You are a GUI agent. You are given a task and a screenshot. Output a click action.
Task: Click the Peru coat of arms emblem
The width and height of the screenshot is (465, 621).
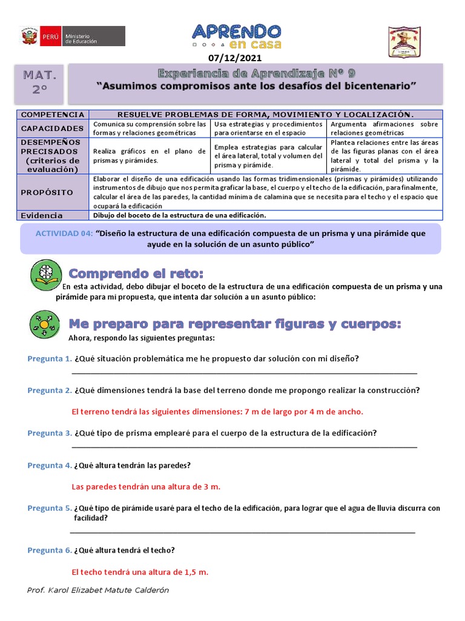pyautogui.click(x=29, y=36)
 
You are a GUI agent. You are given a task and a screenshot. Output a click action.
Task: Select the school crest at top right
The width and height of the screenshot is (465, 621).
pyautogui.click(x=409, y=43)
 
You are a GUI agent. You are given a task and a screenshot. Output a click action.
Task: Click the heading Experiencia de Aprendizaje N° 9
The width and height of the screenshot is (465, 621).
pyautogui.click(x=257, y=73)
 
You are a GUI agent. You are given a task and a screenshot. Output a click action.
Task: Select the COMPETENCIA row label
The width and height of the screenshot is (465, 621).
pyautogui.click(x=53, y=115)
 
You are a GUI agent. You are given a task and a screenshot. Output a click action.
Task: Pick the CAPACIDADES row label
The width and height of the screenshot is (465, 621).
pyautogui.click(x=53, y=129)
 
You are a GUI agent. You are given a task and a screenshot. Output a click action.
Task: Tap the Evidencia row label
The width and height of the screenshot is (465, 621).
pyautogui.click(x=42, y=215)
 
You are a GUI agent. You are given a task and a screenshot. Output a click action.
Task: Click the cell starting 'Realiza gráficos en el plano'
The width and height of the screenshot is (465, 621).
pyautogui.click(x=150, y=156)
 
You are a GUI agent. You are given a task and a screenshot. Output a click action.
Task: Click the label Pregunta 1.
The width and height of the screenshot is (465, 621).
pyautogui.click(x=50, y=358)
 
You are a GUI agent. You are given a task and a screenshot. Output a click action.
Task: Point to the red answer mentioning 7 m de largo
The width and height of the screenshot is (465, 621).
pyautogui.click(x=217, y=412)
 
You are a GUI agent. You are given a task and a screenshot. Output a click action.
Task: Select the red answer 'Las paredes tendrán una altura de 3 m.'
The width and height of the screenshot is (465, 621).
pyautogui.click(x=146, y=487)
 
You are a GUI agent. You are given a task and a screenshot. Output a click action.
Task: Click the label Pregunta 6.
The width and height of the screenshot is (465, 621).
pyautogui.click(x=50, y=550)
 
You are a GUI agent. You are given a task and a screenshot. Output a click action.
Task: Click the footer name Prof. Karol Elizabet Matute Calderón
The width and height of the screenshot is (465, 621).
pyautogui.click(x=99, y=590)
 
